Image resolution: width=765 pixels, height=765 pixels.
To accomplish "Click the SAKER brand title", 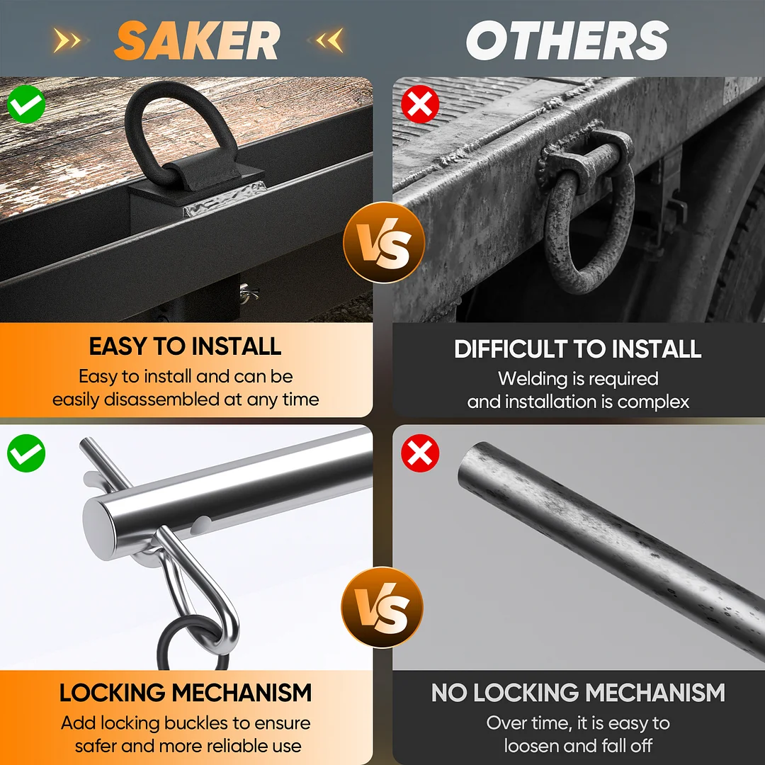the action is pyautogui.click(x=197, y=40).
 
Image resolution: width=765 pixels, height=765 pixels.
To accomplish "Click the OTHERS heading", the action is pyautogui.click(x=567, y=40).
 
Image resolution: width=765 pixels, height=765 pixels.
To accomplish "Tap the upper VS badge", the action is pyautogui.click(x=384, y=242).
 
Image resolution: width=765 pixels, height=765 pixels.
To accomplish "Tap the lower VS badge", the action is pyautogui.click(x=382, y=607).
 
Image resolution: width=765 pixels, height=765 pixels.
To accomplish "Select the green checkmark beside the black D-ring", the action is pyautogui.click(x=26, y=104).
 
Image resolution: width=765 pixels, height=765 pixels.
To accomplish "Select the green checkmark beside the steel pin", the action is pyautogui.click(x=26, y=453).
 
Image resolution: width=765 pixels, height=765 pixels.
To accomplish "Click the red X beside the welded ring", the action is pyautogui.click(x=419, y=104).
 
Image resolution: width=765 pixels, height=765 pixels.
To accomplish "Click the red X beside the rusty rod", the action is pyautogui.click(x=419, y=453).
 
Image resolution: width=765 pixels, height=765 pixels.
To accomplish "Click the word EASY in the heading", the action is pyautogui.click(x=118, y=346).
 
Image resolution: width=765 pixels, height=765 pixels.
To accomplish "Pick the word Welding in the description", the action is pyautogui.click(x=531, y=379).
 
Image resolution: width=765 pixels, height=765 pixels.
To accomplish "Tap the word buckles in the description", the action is pyautogui.click(x=188, y=722).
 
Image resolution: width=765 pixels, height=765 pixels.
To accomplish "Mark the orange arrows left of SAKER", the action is pyautogui.click(x=67, y=40).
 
